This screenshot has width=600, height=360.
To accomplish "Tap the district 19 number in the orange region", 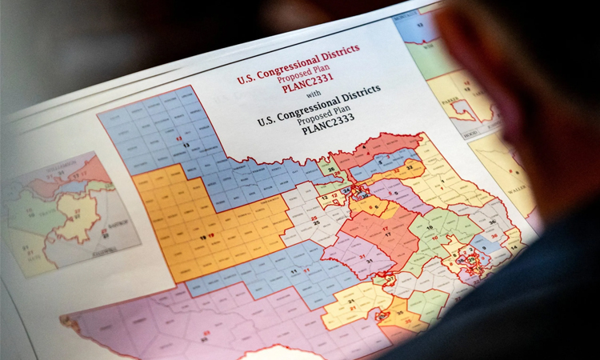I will point(206,236).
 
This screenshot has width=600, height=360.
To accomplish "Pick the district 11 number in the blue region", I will point(298,272).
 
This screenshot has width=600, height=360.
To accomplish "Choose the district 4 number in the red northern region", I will point(364,148).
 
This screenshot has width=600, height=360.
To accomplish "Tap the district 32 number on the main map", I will point(410,167).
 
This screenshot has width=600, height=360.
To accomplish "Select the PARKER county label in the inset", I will point(446,102).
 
